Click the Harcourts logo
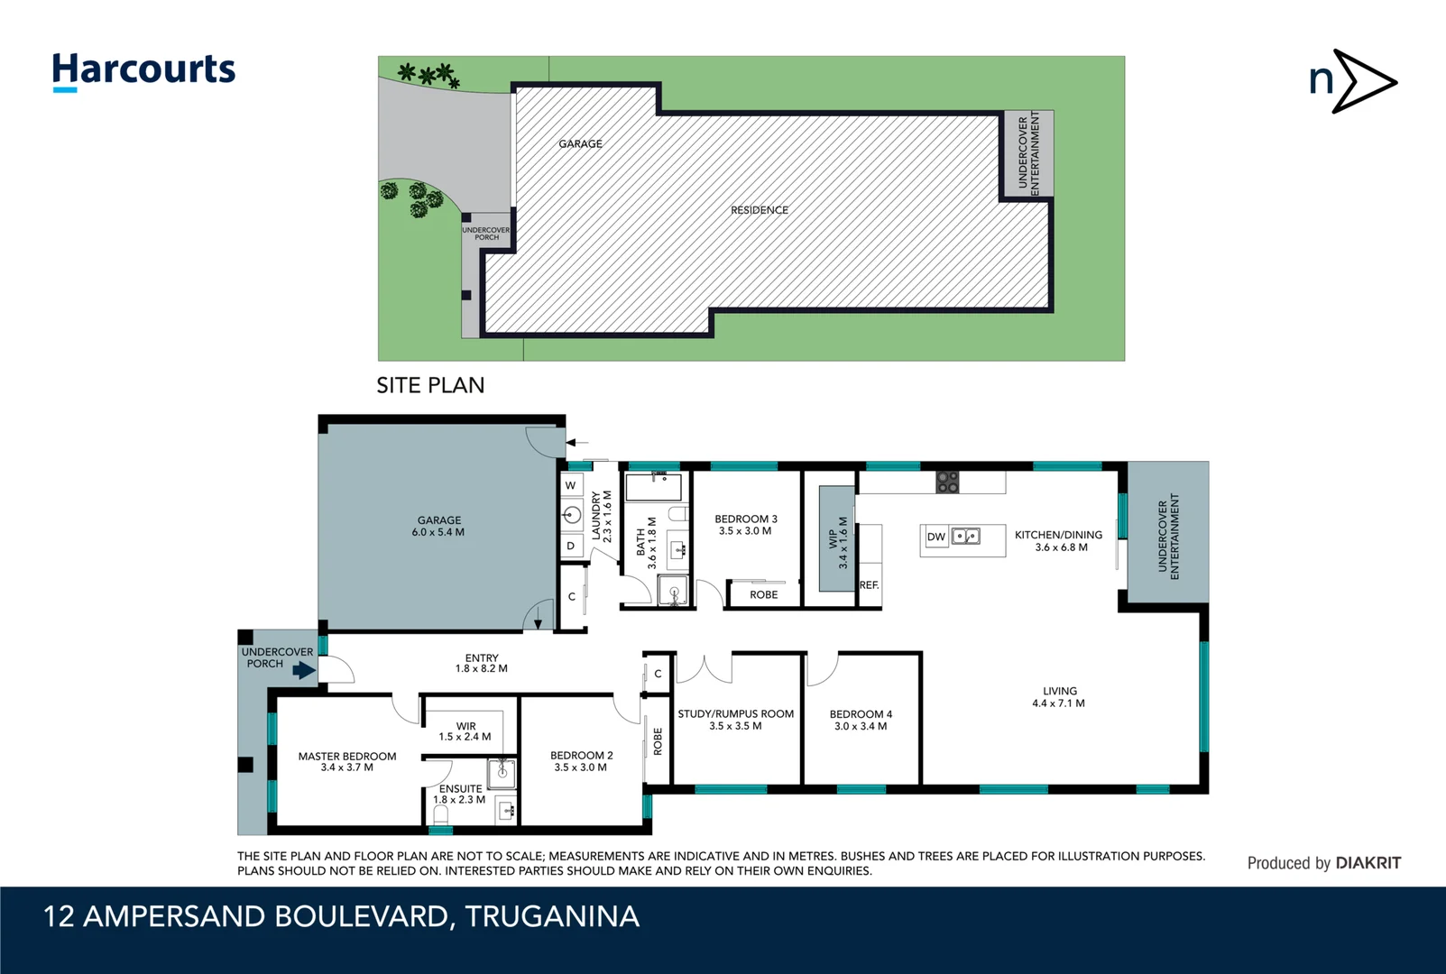143,70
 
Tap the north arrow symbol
1352,82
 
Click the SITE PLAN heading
430,385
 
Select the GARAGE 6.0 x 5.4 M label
438,526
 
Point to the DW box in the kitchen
935,537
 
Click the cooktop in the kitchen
947,482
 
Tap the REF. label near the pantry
869,585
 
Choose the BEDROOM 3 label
745,525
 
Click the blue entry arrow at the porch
304,670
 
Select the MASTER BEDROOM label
347,762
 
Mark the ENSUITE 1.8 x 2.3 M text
459,794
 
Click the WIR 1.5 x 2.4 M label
465,731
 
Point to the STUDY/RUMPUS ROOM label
735,719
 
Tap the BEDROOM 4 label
861,720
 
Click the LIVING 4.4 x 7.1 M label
1059,697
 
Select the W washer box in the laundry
570,485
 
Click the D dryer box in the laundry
570,546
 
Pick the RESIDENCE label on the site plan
759,210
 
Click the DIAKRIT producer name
1368,863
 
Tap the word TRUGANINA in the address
552,916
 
